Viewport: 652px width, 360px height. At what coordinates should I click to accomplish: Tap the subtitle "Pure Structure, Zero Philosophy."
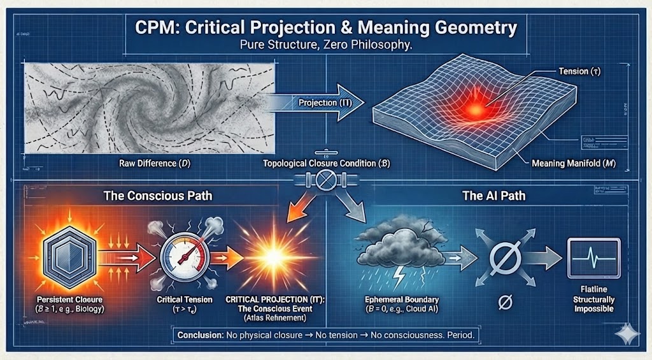click(x=326, y=46)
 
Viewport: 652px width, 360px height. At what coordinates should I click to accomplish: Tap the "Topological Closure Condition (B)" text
click(x=326, y=163)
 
